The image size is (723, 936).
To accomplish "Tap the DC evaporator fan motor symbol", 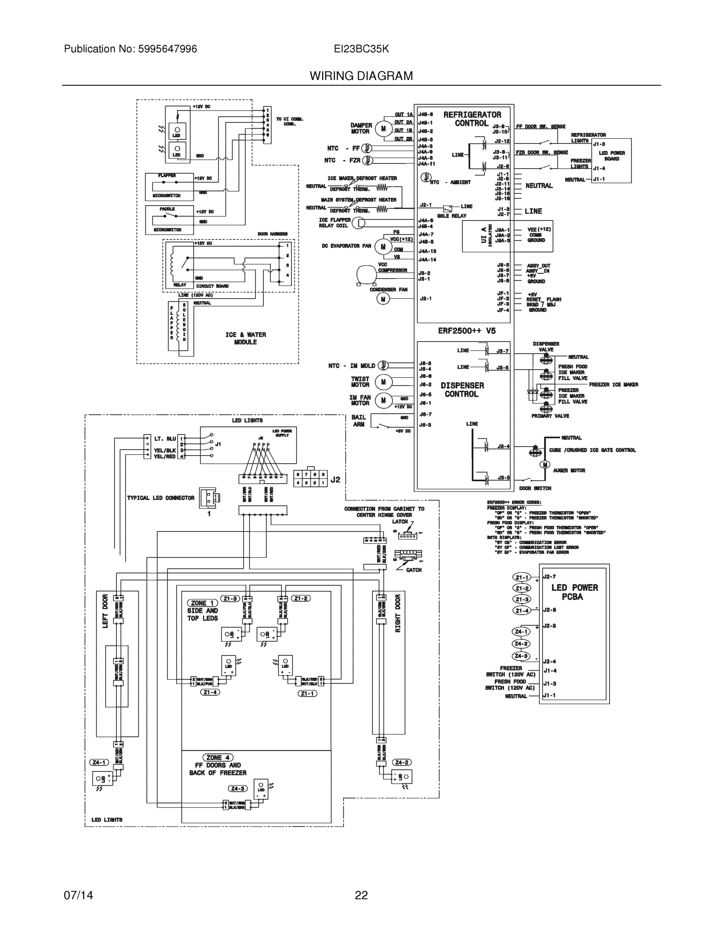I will click(382, 246).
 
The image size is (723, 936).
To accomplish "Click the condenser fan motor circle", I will click(383, 299).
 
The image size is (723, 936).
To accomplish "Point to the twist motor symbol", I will click(384, 382).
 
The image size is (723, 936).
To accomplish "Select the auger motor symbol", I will click(545, 464).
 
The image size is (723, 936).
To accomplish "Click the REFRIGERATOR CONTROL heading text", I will click(472, 119).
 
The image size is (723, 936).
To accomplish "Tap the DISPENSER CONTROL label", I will click(462, 390).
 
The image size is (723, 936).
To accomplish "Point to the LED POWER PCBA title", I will click(574, 592).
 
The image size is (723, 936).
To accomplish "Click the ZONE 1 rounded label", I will click(202, 603).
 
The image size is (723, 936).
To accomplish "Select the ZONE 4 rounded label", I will click(217, 757).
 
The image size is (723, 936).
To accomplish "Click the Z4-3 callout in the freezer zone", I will click(238, 788).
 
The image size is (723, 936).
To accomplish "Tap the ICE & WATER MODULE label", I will click(246, 338).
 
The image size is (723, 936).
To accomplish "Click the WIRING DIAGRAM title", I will click(361, 76).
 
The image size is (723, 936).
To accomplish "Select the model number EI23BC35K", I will click(361, 49).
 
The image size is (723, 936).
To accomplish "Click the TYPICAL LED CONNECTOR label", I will click(161, 498).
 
